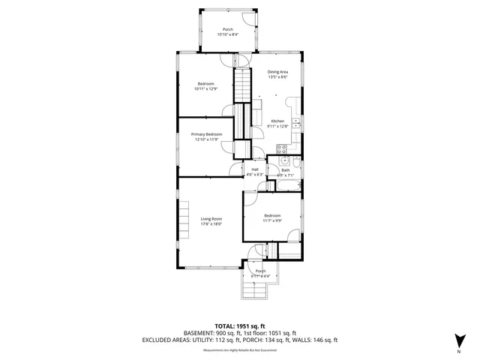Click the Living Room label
coord(211,218)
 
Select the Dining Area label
coord(277,72)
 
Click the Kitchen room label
coord(277,121)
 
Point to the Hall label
coord(255,169)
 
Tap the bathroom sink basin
coord(284,160)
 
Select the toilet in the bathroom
coord(298,163)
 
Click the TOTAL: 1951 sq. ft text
coord(239,326)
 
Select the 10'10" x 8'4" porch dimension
coord(226,34)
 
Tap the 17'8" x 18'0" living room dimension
coord(211,223)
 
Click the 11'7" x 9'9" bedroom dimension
coord(271,220)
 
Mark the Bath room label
coord(285,170)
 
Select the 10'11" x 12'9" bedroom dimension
coord(206,88)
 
